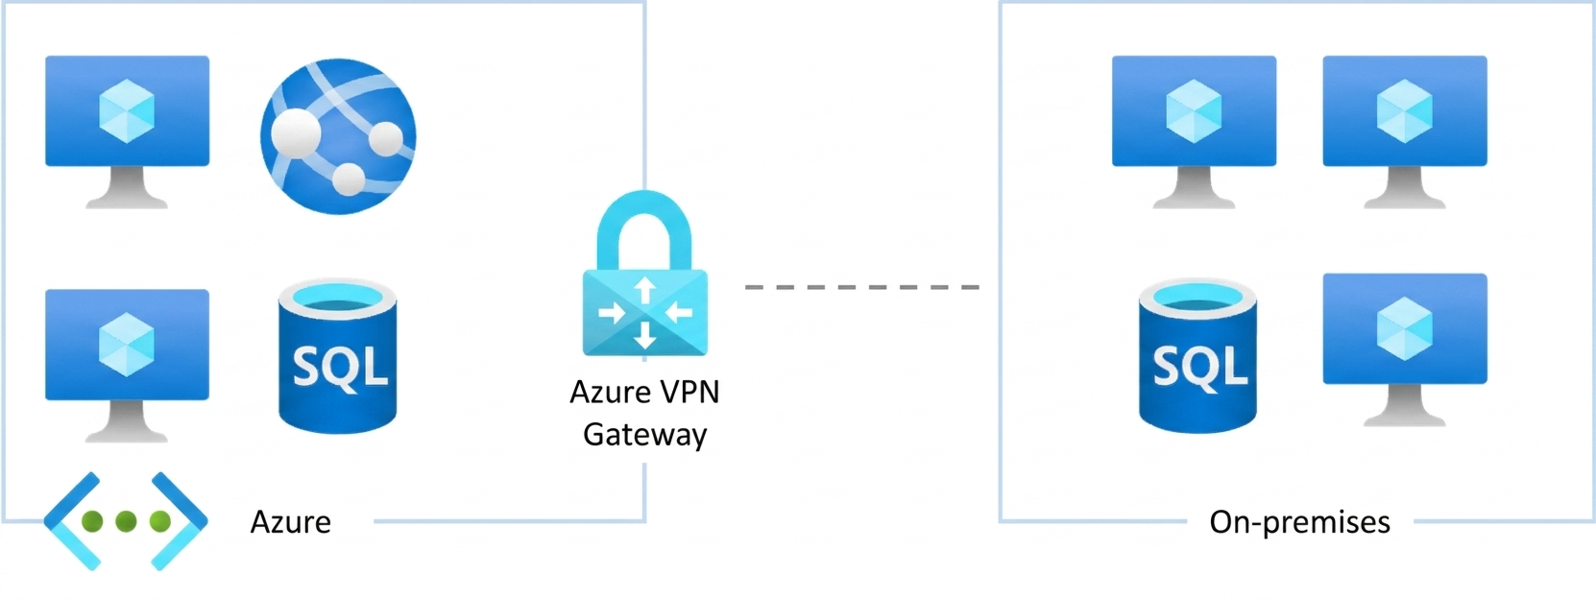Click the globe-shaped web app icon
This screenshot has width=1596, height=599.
click(x=338, y=136)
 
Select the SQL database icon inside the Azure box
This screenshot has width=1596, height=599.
click(x=337, y=356)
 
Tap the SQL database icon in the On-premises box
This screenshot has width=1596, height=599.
click(x=1197, y=356)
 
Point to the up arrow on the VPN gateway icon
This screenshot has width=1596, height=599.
click(x=644, y=290)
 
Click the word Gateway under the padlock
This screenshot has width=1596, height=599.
click(x=644, y=435)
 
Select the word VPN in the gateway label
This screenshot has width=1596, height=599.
click(x=689, y=392)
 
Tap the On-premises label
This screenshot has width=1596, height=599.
click(x=1299, y=522)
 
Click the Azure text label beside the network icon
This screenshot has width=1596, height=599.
click(x=291, y=522)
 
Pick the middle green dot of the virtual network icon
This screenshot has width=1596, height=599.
click(x=126, y=521)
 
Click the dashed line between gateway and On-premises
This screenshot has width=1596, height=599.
click(x=862, y=287)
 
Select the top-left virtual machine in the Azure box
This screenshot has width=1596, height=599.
click(x=128, y=132)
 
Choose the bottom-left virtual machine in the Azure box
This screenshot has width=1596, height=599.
click(x=128, y=366)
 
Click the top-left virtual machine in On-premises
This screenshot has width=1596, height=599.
click(x=1195, y=132)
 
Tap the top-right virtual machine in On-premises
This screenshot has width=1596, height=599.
click(x=1405, y=132)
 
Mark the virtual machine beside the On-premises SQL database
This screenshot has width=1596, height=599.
click(x=1405, y=349)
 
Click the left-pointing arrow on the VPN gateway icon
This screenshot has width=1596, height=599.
click(x=678, y=312)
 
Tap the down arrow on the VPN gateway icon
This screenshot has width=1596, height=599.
click(x=644, y=335)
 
